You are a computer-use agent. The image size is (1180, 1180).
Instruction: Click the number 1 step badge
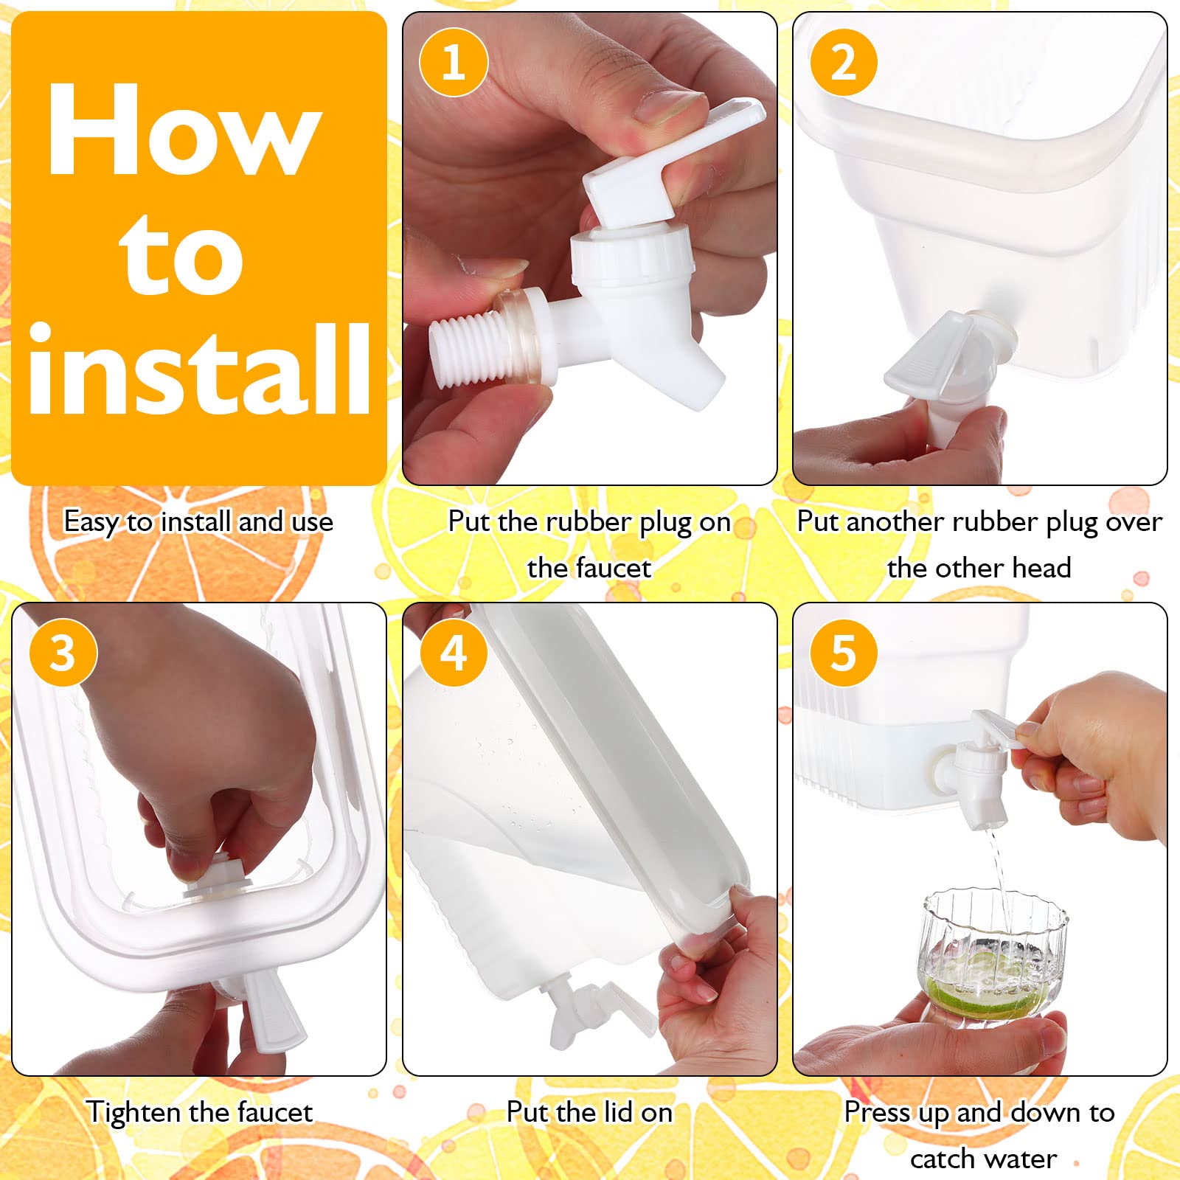(x=454, y=62)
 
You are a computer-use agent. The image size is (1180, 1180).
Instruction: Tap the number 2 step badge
(x=844, y=62)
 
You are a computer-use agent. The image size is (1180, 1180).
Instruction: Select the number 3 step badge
(x=63, y=652)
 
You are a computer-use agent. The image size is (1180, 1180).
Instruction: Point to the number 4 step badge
(x=454, y=652)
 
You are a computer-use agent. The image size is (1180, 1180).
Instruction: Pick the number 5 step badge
(x=844, y=652)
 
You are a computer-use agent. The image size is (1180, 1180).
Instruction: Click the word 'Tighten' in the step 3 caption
(x=132, y=1112)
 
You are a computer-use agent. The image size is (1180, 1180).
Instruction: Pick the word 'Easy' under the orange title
(x=91, y=523)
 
